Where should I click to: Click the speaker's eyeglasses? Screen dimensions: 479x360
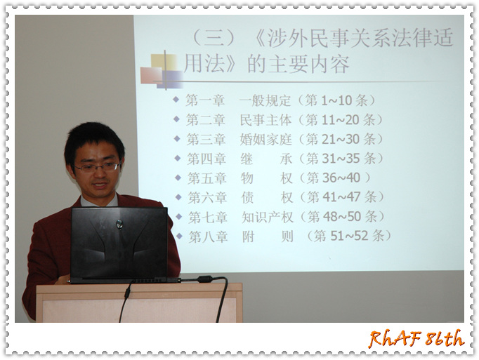[97, 167]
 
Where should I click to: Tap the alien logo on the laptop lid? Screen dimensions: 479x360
[119, 224]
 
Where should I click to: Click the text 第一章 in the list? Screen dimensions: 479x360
[205, 100]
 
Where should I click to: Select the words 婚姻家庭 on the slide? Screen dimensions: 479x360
[265, 139]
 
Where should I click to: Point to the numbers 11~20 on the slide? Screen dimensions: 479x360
[340, 120]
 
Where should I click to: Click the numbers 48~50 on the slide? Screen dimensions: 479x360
[342, 216]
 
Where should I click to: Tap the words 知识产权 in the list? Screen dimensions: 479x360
[268, 217]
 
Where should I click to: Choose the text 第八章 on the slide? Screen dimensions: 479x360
[208, 236]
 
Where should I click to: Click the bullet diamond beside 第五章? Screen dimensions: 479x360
[178, 178]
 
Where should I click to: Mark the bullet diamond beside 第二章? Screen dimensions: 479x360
[176, 119]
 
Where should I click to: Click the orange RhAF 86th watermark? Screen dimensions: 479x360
[416, 339]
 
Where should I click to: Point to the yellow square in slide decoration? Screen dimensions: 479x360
[164, 62]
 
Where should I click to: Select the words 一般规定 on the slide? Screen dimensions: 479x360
[265, 100]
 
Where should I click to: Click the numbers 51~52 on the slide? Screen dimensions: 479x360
[349, 236]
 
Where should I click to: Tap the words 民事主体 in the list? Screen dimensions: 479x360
[265, 120]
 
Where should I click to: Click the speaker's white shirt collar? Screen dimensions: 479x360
[98, 201]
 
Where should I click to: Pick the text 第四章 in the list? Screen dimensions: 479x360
[206, 159]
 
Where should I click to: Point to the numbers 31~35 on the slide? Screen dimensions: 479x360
[341, 159]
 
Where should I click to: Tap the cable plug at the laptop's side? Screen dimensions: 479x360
[204, 279]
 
